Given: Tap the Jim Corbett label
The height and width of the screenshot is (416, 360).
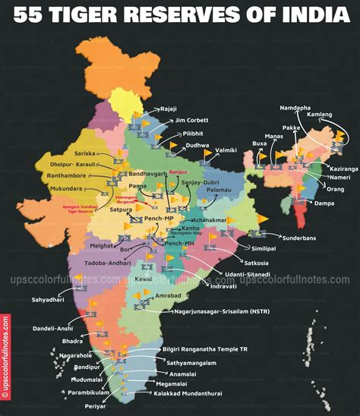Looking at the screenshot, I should pos(191,120).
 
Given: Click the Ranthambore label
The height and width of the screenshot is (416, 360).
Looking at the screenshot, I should pos(65,175).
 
